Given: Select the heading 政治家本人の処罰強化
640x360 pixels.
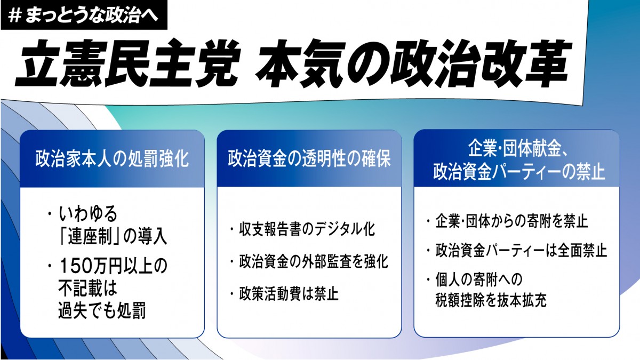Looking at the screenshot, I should [112, 159].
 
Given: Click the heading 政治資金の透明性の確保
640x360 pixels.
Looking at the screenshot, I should [309, 159].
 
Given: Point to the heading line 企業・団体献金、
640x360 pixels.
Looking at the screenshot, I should [516, 146].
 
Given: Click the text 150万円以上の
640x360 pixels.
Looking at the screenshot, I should [113, 266].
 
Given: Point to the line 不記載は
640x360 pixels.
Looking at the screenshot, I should [87, 289].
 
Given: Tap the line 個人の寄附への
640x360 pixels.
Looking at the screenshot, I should [481, 278].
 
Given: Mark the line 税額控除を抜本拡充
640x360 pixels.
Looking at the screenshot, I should [491, 300].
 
